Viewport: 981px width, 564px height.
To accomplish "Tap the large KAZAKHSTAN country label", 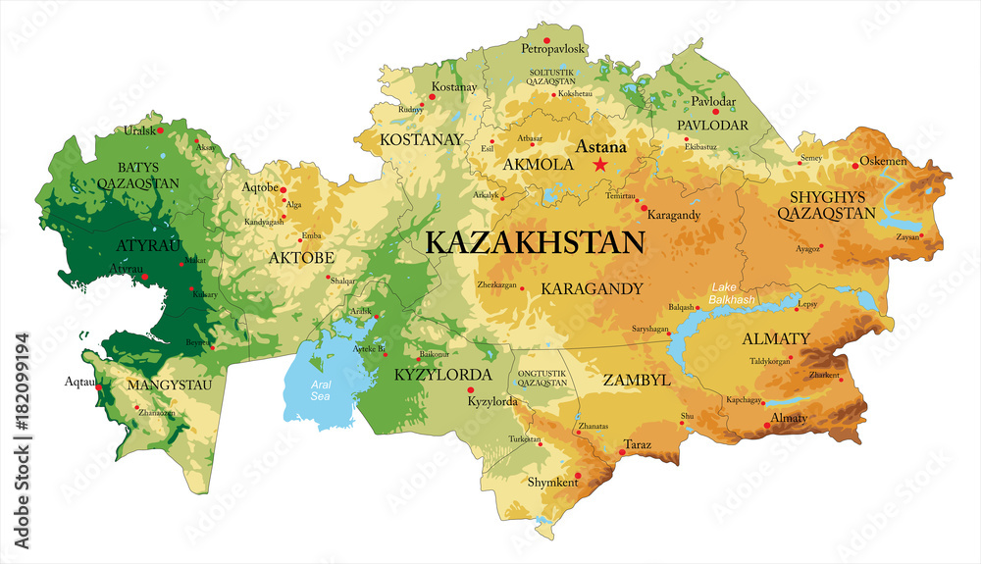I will [535, 242].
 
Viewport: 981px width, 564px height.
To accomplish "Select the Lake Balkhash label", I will [732, 291].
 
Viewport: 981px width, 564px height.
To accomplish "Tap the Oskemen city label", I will [883, 161].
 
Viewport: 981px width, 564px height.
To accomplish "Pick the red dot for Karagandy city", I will [644, 208].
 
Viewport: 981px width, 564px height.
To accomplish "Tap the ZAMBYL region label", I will [636, 379].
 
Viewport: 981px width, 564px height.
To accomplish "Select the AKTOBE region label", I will [301, 258].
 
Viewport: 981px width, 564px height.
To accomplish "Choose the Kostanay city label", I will [453, 87].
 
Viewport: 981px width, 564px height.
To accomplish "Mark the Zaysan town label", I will [908, 236].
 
